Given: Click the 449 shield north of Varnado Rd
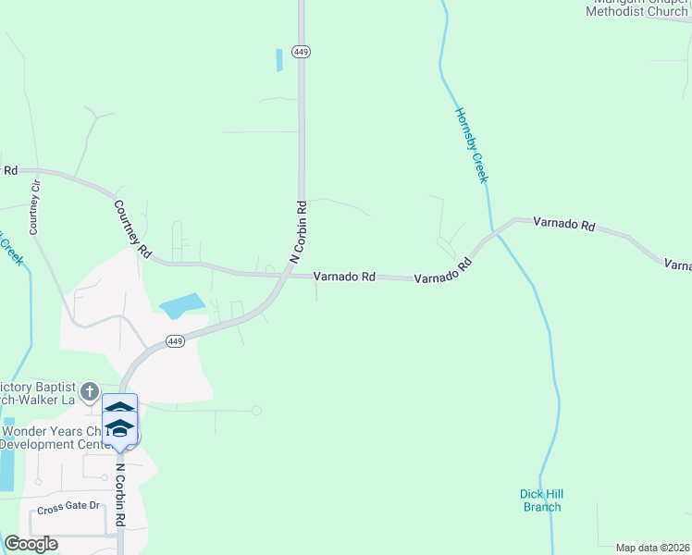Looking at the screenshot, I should click(x=300, y=52).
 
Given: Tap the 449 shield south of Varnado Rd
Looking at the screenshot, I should click(x=176, y=341).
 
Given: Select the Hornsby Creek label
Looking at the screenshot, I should click(x=470, y=145).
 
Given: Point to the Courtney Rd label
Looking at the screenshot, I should click(x=132, y=228).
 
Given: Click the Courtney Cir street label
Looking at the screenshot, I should click(x=35, y=206).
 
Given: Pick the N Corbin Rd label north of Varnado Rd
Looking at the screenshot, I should click(x=299, y=231).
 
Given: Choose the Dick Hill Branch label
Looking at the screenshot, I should click(x=541, y=500).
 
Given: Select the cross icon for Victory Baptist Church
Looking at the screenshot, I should click(x=89, y=391).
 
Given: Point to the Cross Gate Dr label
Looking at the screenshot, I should click(x=68, y=505).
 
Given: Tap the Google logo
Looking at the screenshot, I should click(x=31, y=544).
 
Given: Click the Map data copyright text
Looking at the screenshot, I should click(x=652, y=548).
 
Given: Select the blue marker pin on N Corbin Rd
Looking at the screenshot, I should click(x=119, y=422).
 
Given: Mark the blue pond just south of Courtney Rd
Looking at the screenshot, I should click(x=182, y=304).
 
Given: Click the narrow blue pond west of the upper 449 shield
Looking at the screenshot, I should click(x=278, y=60).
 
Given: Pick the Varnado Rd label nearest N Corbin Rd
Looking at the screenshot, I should click(x=344, y=276).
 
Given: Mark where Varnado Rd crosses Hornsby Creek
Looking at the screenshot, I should click(x=496, y=231).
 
